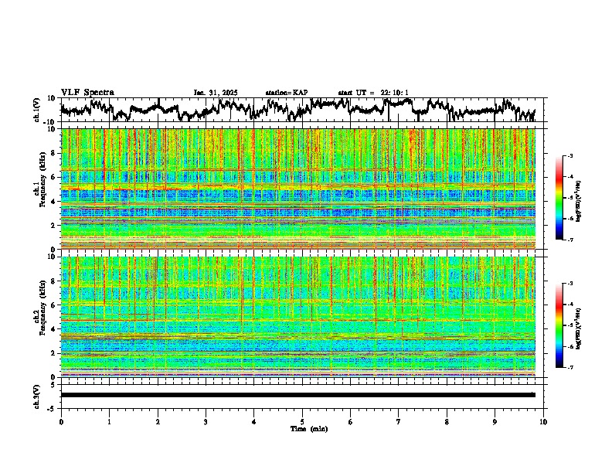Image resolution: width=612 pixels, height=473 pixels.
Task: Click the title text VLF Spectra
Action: coord(87,93)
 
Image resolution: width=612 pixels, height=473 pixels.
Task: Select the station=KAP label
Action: coord(287,93)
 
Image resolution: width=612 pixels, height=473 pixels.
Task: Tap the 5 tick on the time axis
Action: coord(302,421)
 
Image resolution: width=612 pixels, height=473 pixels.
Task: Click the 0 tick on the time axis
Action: coord(61,421)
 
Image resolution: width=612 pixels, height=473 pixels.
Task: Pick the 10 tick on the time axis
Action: coord(543,421)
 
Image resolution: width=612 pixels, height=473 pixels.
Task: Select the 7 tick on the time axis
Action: coord(399,421)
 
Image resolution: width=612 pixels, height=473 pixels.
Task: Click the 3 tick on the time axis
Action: coord(206,421)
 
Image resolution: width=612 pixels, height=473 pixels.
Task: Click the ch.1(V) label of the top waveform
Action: coord(37,110)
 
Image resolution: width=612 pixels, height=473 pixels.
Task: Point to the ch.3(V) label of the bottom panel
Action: coord(37,395)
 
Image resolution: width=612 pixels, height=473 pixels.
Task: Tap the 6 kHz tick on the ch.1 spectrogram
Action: coord(54,177)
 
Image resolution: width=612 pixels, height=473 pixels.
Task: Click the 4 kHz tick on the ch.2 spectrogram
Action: coord(54,328)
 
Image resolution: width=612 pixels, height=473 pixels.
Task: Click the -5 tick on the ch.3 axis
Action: coord(53,407)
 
